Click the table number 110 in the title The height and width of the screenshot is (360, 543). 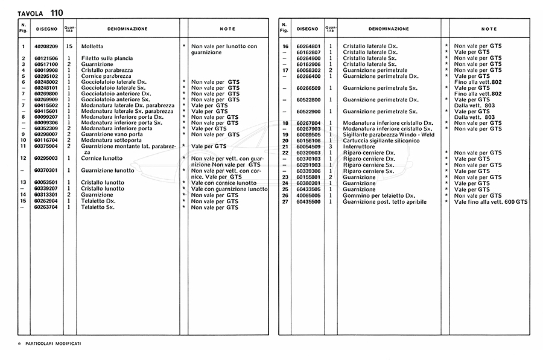[56, 13]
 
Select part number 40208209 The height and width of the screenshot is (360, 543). [46, 46]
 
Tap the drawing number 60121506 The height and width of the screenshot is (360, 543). [46, 58]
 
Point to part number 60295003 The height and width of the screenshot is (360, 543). [46, 158]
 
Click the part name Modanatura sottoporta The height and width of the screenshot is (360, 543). [110, 141]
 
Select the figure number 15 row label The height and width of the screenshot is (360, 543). [23, 201]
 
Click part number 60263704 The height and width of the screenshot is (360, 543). [46, 207]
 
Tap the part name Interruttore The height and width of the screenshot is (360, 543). [359, 147]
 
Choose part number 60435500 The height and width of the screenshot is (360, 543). [308, 201]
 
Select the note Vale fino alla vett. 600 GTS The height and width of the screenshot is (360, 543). [490, 201]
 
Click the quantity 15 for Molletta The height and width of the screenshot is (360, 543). [69, 46]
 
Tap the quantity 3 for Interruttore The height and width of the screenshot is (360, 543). [331, 147]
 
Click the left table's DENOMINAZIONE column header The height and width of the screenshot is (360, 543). [127, 28]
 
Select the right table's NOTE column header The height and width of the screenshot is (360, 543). [489, 28]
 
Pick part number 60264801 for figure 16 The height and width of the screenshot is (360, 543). [308, 46]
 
